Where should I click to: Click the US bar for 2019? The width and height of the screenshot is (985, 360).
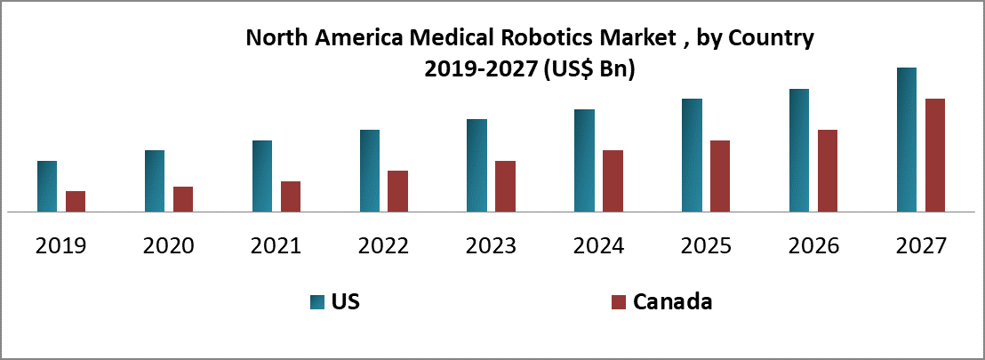tap(47, 187)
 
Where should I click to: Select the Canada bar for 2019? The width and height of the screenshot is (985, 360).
tap(76, 202)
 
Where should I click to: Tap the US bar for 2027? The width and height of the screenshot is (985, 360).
tap(907, 140)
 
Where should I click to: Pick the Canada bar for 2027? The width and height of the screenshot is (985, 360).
tap(935, 156)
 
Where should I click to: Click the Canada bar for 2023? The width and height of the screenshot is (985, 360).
tap(505, 187)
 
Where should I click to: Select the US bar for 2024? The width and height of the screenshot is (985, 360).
tap(584, 161)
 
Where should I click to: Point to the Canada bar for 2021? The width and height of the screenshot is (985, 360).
tap(291, 196)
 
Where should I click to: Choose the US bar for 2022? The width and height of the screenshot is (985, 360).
tap(370, 171)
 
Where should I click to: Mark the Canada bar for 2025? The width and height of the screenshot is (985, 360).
tap(720, 176)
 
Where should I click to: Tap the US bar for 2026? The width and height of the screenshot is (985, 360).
tap(799, 150)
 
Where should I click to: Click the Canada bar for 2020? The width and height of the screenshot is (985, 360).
tap(183, 199)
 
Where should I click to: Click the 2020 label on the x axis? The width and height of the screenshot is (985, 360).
tap(169, 245)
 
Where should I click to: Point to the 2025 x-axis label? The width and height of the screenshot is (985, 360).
tap(706, 245)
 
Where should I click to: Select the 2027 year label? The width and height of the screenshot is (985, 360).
tap(921, 245)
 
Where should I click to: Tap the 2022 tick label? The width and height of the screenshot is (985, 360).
tap(384, 245)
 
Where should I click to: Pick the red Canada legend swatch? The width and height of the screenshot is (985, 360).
tap(620, 302)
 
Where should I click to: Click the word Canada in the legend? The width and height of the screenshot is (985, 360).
tap(673, 302)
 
